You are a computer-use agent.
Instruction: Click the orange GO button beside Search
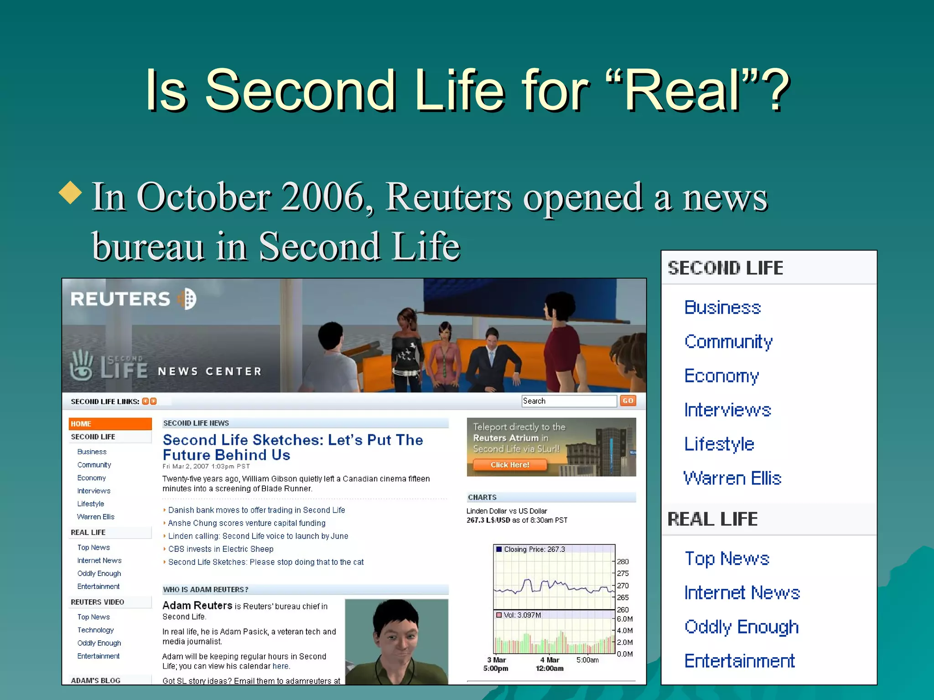click(628, 401)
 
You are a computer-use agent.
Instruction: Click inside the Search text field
click(569, 401)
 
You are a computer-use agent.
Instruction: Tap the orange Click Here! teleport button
click(509, 465)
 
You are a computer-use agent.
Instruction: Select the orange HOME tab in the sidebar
click(110, 424)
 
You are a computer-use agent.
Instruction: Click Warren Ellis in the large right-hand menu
click(732, 478)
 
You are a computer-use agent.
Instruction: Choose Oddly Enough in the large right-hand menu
click(741, 627)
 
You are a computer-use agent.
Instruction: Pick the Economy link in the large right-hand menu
click(721, 376)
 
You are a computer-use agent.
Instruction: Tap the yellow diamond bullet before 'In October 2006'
click(71, 192)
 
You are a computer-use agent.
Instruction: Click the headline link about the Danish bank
click(256, 510)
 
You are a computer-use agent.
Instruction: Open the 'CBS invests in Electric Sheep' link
click(221, 549)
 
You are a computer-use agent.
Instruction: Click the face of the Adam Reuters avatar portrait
click(397, 638)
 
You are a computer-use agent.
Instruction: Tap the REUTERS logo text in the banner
click(120, 299)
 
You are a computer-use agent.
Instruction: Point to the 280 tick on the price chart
click(623, 561)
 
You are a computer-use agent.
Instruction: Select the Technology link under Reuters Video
click(95, 630)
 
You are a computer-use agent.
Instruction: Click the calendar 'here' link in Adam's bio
click(280, 666)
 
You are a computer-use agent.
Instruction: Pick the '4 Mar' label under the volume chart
click(550, 660)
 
